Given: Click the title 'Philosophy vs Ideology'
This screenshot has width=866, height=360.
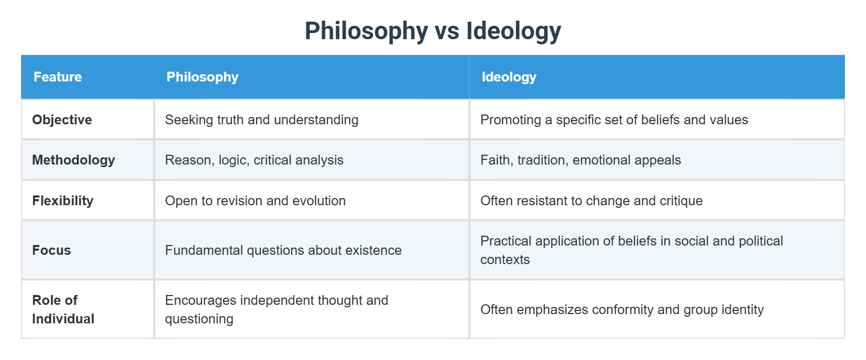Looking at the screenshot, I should pyautogui.click(x=432, y=31).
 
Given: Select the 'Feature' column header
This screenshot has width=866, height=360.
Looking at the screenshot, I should pyautogui.click(x=58, y=77).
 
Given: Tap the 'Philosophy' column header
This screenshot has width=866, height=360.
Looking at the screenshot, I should pyautogui.click(x=202, y=77).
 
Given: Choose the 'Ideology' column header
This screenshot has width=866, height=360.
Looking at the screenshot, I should pyautogui.click(x=509, y=77).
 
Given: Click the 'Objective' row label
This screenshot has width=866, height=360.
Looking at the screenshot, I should pyautogui.click(x=62, y=120).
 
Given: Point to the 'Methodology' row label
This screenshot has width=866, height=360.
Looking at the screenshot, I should pyautogui.click(x=73, y=160).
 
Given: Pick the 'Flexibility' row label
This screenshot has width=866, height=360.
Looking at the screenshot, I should pyautogui.click(x=62, y=201).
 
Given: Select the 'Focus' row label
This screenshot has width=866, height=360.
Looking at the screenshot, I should pyautogui.click(x=52, y=250).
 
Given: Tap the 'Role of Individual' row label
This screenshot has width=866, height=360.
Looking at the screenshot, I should pyautogui.click(x=63, y=309).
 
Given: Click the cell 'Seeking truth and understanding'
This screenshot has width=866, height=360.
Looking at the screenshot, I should pyautogui.click(x=261, y=120).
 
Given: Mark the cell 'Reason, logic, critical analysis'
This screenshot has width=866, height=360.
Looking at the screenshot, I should pyautogui.click(x=254, y=160).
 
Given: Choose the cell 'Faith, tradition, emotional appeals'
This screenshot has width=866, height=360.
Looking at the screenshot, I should pyautogui.click(x=580, y=160).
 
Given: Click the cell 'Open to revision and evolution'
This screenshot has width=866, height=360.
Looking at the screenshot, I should pyautogui.click(x=255, y=201).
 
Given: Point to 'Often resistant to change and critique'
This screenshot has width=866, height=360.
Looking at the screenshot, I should pyautogui.click(x=591, y=201).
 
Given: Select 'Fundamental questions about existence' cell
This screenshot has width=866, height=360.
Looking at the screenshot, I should pyautogui.click(x=283, y=250).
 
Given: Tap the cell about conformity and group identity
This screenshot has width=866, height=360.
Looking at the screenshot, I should pyautogui.click(x=622, y=309).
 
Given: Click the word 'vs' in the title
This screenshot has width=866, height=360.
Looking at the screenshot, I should pyautogui.click(x=447, y=31).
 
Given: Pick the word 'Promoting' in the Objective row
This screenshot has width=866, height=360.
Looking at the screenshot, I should pyautogui.click(x=510, y=120).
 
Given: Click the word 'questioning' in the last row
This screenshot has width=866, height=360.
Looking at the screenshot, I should pyautogui.click(x=199, y=319).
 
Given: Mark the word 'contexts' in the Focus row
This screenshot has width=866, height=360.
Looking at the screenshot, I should pyautogui.click(x=505, y=259).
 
